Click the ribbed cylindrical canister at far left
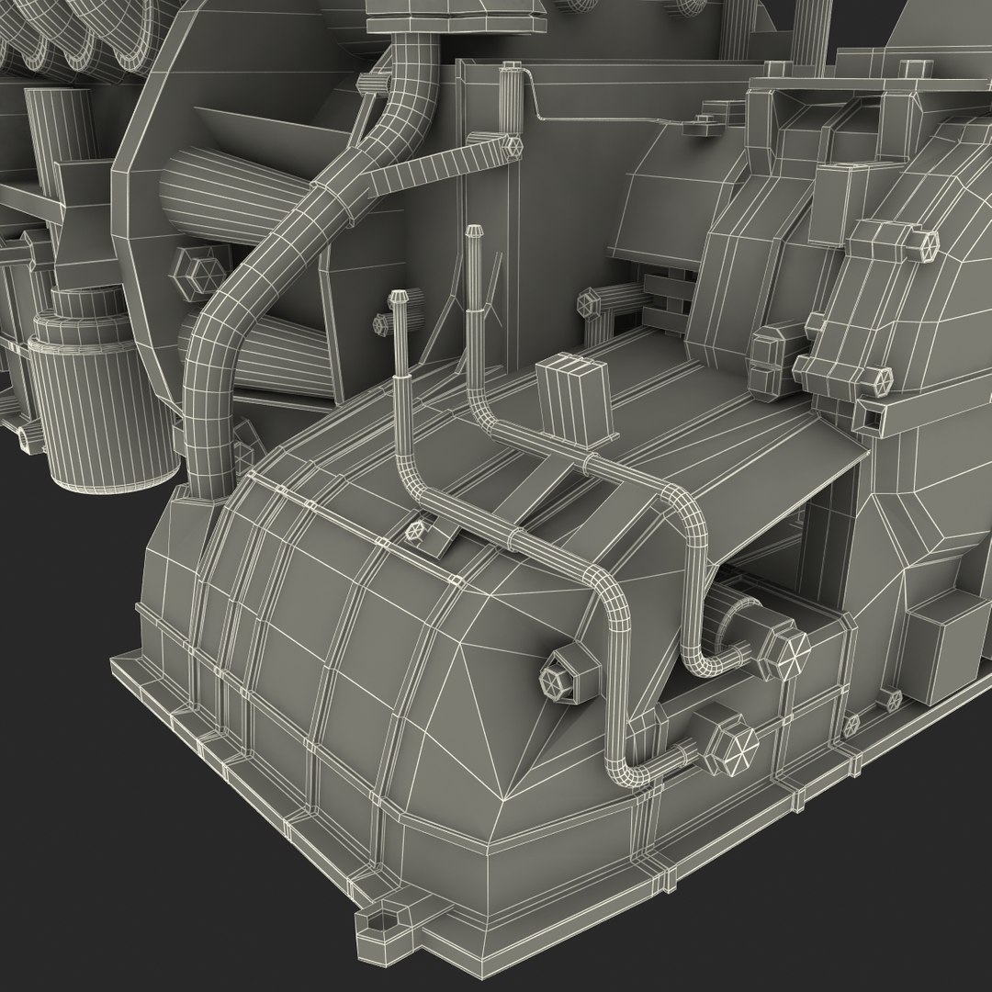tap(101, 404)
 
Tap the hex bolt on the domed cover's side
tap(555, 680)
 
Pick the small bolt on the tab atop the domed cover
tap(418, 529)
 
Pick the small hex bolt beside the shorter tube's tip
tap(381, 324)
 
